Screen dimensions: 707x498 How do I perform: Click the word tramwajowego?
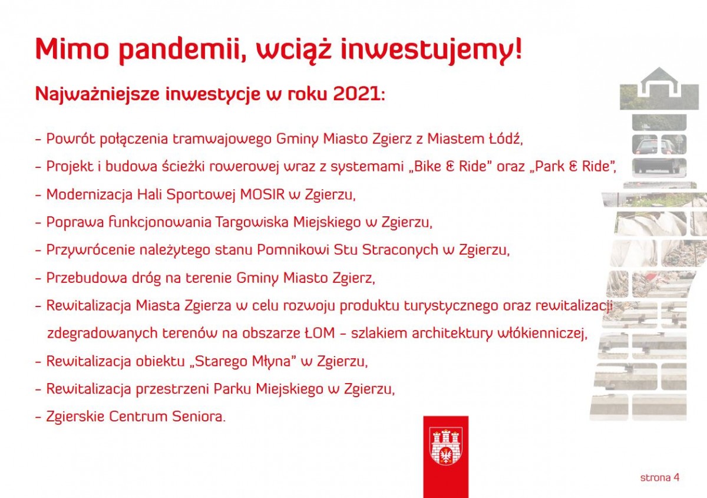point(222,140)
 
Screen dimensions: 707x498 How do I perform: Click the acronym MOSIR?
point(262,194)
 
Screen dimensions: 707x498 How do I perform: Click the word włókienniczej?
point(541,334)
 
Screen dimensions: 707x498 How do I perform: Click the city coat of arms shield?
point(446,446)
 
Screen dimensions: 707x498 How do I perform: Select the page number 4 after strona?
point(676,477)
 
